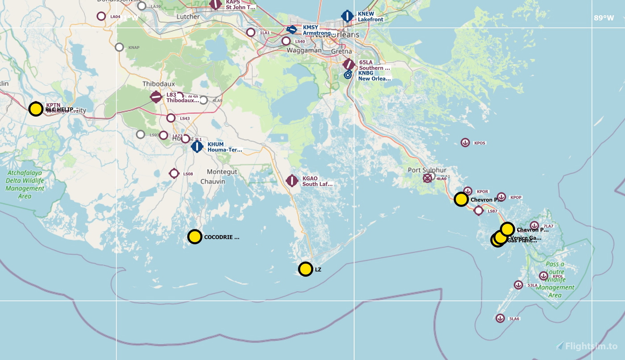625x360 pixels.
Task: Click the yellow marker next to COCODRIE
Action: [195, 236]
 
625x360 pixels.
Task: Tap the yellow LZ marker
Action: [305, 269]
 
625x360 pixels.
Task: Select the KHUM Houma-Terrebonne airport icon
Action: [197, 146]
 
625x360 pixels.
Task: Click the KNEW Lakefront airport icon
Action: [347, 16]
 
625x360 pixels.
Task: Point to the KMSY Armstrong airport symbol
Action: [292, 29]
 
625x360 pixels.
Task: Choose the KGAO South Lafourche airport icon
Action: [292, 181]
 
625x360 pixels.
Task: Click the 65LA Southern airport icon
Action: [349, 64]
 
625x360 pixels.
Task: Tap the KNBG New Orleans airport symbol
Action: [348, 75]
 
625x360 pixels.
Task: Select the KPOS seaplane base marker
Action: [465, 142]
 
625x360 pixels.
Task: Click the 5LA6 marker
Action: [500, 318]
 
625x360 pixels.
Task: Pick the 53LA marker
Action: [518, 285]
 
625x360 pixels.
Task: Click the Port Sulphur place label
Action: [427, 170]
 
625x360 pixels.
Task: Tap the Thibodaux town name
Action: [158, 84]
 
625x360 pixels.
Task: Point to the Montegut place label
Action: [222, 172]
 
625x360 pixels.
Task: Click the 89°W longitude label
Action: [604, 18]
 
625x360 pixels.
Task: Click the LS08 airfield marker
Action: [174, 173]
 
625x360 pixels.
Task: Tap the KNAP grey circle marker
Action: [119, 47]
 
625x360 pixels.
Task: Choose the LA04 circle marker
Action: [101, 17]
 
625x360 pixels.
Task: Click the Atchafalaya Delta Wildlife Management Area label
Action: [25, 184]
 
